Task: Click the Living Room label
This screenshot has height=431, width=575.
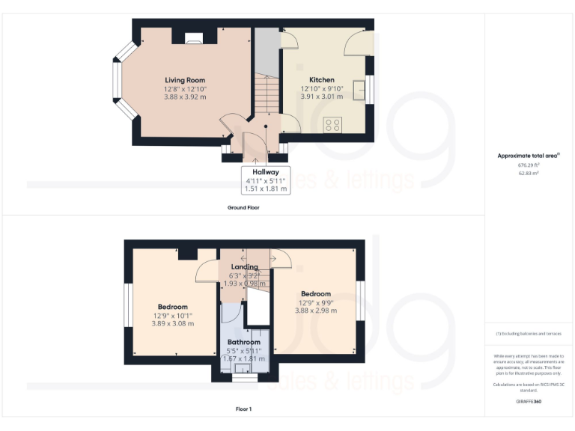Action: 185,80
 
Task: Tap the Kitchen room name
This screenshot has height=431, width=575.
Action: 322,80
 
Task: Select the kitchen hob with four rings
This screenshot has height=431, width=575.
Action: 332,123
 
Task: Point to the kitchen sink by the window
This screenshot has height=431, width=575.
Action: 359,88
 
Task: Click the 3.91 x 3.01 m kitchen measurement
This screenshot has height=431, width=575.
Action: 322,96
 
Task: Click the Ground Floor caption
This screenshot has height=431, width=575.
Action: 243,207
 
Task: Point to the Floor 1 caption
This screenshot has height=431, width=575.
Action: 243,409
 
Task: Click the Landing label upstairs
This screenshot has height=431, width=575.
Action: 245,266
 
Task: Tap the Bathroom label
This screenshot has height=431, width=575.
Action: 243,342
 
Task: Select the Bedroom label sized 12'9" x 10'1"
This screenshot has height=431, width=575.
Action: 172,307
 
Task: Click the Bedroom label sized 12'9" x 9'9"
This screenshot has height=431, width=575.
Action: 315,294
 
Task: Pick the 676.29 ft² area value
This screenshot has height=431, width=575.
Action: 529,165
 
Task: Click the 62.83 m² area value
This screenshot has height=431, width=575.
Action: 529,173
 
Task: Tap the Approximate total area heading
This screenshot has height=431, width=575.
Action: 529,156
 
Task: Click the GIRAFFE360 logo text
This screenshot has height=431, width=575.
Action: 529,402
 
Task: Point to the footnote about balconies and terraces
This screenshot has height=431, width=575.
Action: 529,334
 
